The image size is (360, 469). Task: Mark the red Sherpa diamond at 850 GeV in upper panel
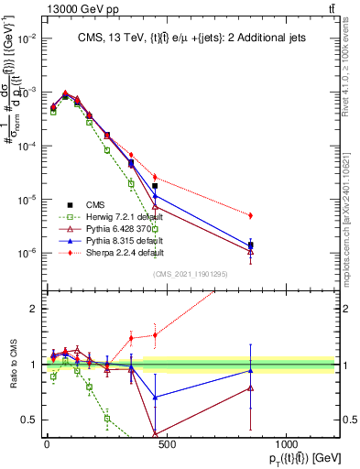coord(250,215)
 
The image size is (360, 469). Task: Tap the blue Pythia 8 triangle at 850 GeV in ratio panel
coord(250,370)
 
